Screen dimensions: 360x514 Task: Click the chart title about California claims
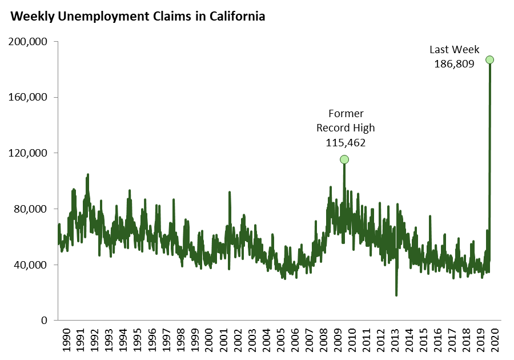pyautogui.click(x=138, y=17)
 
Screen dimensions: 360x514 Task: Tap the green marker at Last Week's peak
pyautogui.click(x=489, y=60)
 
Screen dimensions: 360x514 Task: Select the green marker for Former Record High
pyautogui.click(x=344, y=159)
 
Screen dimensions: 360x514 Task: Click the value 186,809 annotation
pyautogui.click(x=455, y=64)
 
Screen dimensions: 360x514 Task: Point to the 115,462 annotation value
pyautogui.click(x=346, y=142)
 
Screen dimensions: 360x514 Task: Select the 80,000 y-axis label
pyautogui.click(x=31, y=209)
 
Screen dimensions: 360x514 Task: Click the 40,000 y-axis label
pyautogui.click(x=31, y=265)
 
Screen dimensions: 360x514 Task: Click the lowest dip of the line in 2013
pyautogui.click(x=396, y=295)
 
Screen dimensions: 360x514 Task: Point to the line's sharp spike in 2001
pyautogui.click(x=230, y=193)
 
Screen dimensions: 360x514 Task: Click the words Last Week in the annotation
pyautogui.click(x=455, y=50)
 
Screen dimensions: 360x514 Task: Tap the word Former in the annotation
pyautogui.click(x=346, y=113)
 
